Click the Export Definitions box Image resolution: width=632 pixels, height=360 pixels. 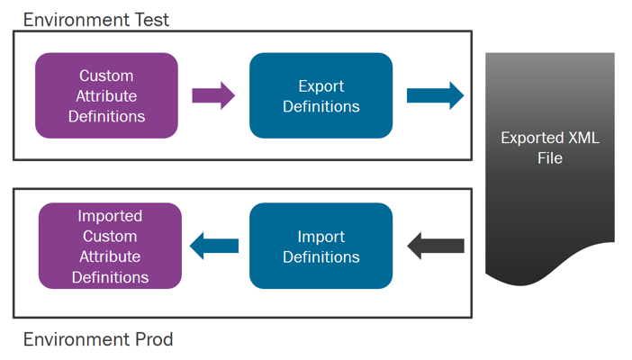click(321, 95)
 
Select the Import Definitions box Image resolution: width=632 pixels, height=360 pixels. click(321, 246)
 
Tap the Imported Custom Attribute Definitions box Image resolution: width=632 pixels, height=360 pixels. click(110, 246)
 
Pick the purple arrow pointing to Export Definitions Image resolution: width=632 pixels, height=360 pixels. click(213, 94)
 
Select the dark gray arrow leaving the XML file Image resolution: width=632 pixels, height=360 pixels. click(436, 245)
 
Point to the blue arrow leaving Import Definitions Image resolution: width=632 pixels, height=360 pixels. click(213, 245)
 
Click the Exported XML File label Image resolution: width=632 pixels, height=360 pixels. click(549, 148)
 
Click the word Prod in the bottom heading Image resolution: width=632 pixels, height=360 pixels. click(152, 340)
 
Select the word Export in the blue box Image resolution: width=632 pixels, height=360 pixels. click(321, 86)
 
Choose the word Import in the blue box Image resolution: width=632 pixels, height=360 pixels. click(321, 237)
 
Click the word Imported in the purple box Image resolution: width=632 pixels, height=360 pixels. click(110, 216)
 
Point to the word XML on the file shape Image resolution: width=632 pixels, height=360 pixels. click(582, 139)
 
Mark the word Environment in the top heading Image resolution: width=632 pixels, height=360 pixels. click(74, 20)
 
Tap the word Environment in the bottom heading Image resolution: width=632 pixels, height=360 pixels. click(74, 340)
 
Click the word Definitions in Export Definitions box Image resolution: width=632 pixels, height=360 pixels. click(321, 106)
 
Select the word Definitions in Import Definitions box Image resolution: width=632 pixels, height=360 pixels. click(321, 257)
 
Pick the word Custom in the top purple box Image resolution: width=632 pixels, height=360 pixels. click(106, 76)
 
